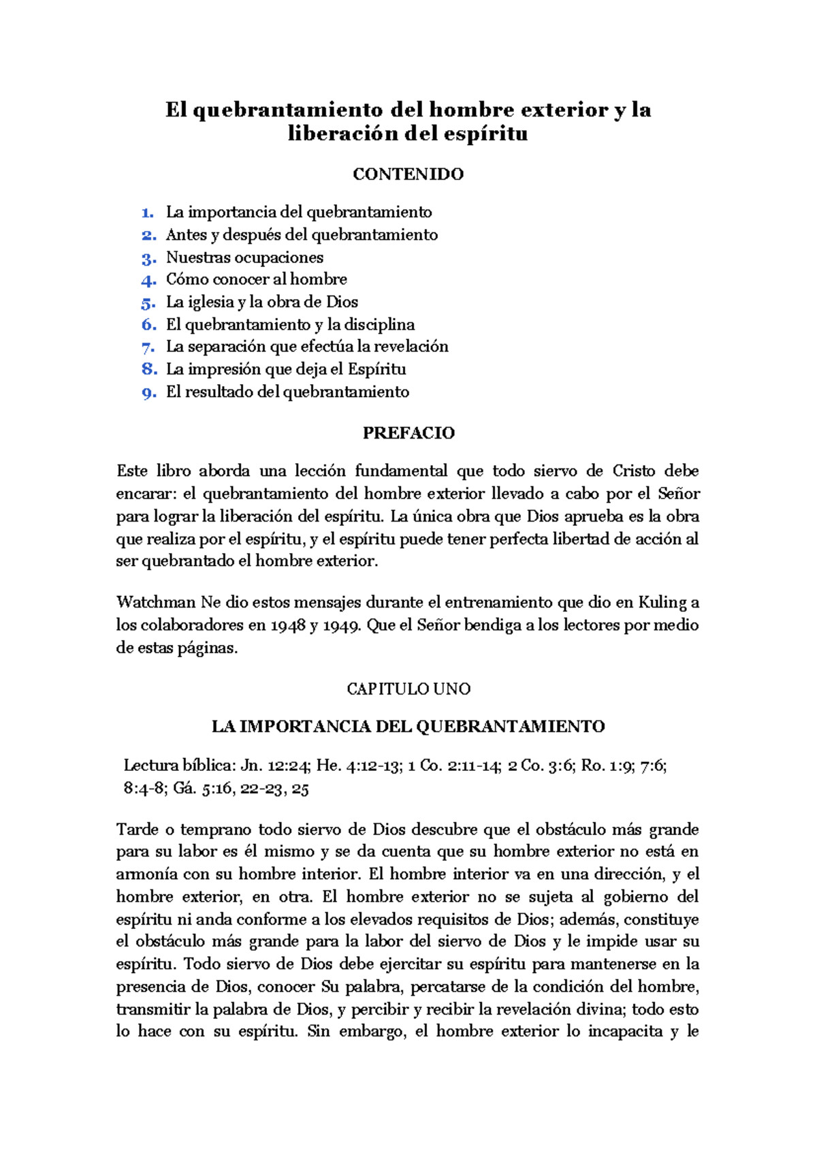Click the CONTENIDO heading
tap(408, 174)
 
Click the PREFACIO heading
tap(408, 433)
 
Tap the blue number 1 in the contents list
tap(147, 212)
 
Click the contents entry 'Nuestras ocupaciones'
tap(244, 257)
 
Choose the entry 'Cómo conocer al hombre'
tap(256, 279)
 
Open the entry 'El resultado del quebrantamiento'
tap(287, 392)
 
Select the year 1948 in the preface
tap(288, 625)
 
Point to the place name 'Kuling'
tap(662, 603)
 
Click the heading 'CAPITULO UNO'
tap(408, 689)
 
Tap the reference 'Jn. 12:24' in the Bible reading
tap(276, 765)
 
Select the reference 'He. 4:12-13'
tap(359, 765)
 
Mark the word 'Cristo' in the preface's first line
tap(633, 471)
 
